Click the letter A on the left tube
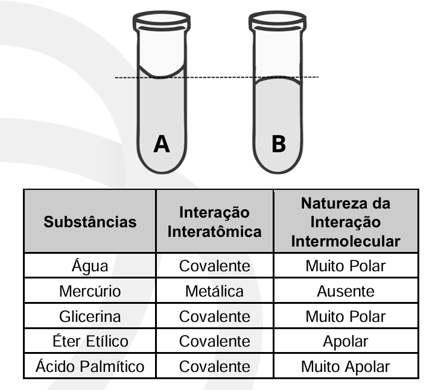point(162,144)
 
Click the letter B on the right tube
point(279,144)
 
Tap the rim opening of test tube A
point(162,18)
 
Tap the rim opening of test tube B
point(277,18)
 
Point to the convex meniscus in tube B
point(277,78)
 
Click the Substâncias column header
point(90,222)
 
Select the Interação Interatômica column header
point(214,222)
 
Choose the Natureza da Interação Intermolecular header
point(346,222)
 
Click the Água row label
point(90,265)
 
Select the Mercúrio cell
point(90,291)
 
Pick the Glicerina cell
point(90,316)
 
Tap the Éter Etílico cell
point(90,341)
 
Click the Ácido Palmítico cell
point(90,366)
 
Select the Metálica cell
point(214,291)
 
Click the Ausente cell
point(346,291)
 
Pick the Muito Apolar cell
point(346,366)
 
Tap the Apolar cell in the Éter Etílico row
point(346,341)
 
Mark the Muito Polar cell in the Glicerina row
point(346,316)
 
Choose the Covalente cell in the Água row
point(214,266)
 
